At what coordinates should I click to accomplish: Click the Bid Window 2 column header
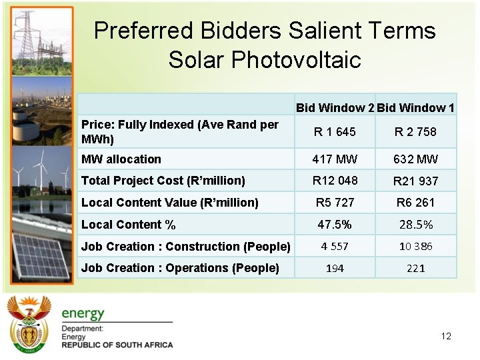coord(335,108)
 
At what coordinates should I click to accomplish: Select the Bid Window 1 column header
coord(416,108)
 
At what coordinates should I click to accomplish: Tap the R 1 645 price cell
coord(336,132)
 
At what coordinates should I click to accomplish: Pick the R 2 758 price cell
coord(415,132)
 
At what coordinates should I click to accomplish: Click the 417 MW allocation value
coord(335,159)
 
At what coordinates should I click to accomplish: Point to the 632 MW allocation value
coord(415,159)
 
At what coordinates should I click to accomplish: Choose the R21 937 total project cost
coord(415,181)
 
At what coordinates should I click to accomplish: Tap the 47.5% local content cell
coord(335,225)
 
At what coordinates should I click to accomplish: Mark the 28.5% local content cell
coord(415,225)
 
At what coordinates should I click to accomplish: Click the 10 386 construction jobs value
coord(415,247)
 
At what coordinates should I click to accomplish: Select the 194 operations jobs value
coord(335,269)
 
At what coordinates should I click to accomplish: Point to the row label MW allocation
coord(121,159)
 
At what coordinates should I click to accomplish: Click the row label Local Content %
coord(128,225)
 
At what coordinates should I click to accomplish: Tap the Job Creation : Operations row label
coord(180,268)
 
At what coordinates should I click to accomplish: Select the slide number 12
coord(446,336)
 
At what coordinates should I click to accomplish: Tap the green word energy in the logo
coord(83,313)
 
